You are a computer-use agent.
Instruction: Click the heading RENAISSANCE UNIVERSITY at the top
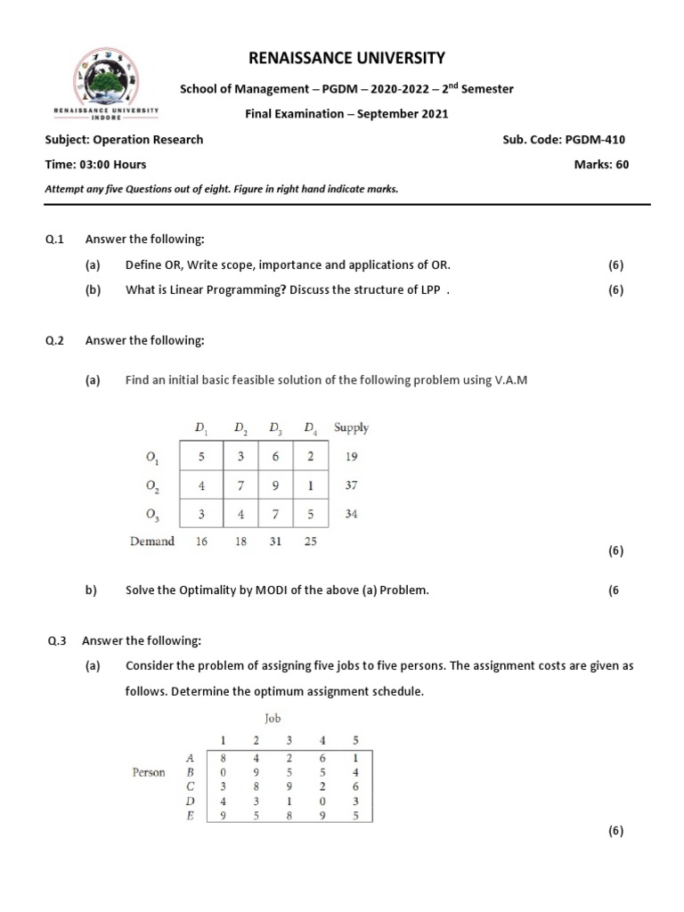(346, 58)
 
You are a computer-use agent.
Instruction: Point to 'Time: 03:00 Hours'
(95, 164)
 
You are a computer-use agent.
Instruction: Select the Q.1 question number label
(56, 240)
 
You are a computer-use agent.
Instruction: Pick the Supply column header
(351, 427)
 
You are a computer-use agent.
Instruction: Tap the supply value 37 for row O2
(351, 486)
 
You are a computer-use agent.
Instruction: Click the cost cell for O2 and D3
(274, 486)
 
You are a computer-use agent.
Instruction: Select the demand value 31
(274, 541)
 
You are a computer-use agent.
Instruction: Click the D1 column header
(200, 428)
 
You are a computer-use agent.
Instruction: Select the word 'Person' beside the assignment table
(149, 772)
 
